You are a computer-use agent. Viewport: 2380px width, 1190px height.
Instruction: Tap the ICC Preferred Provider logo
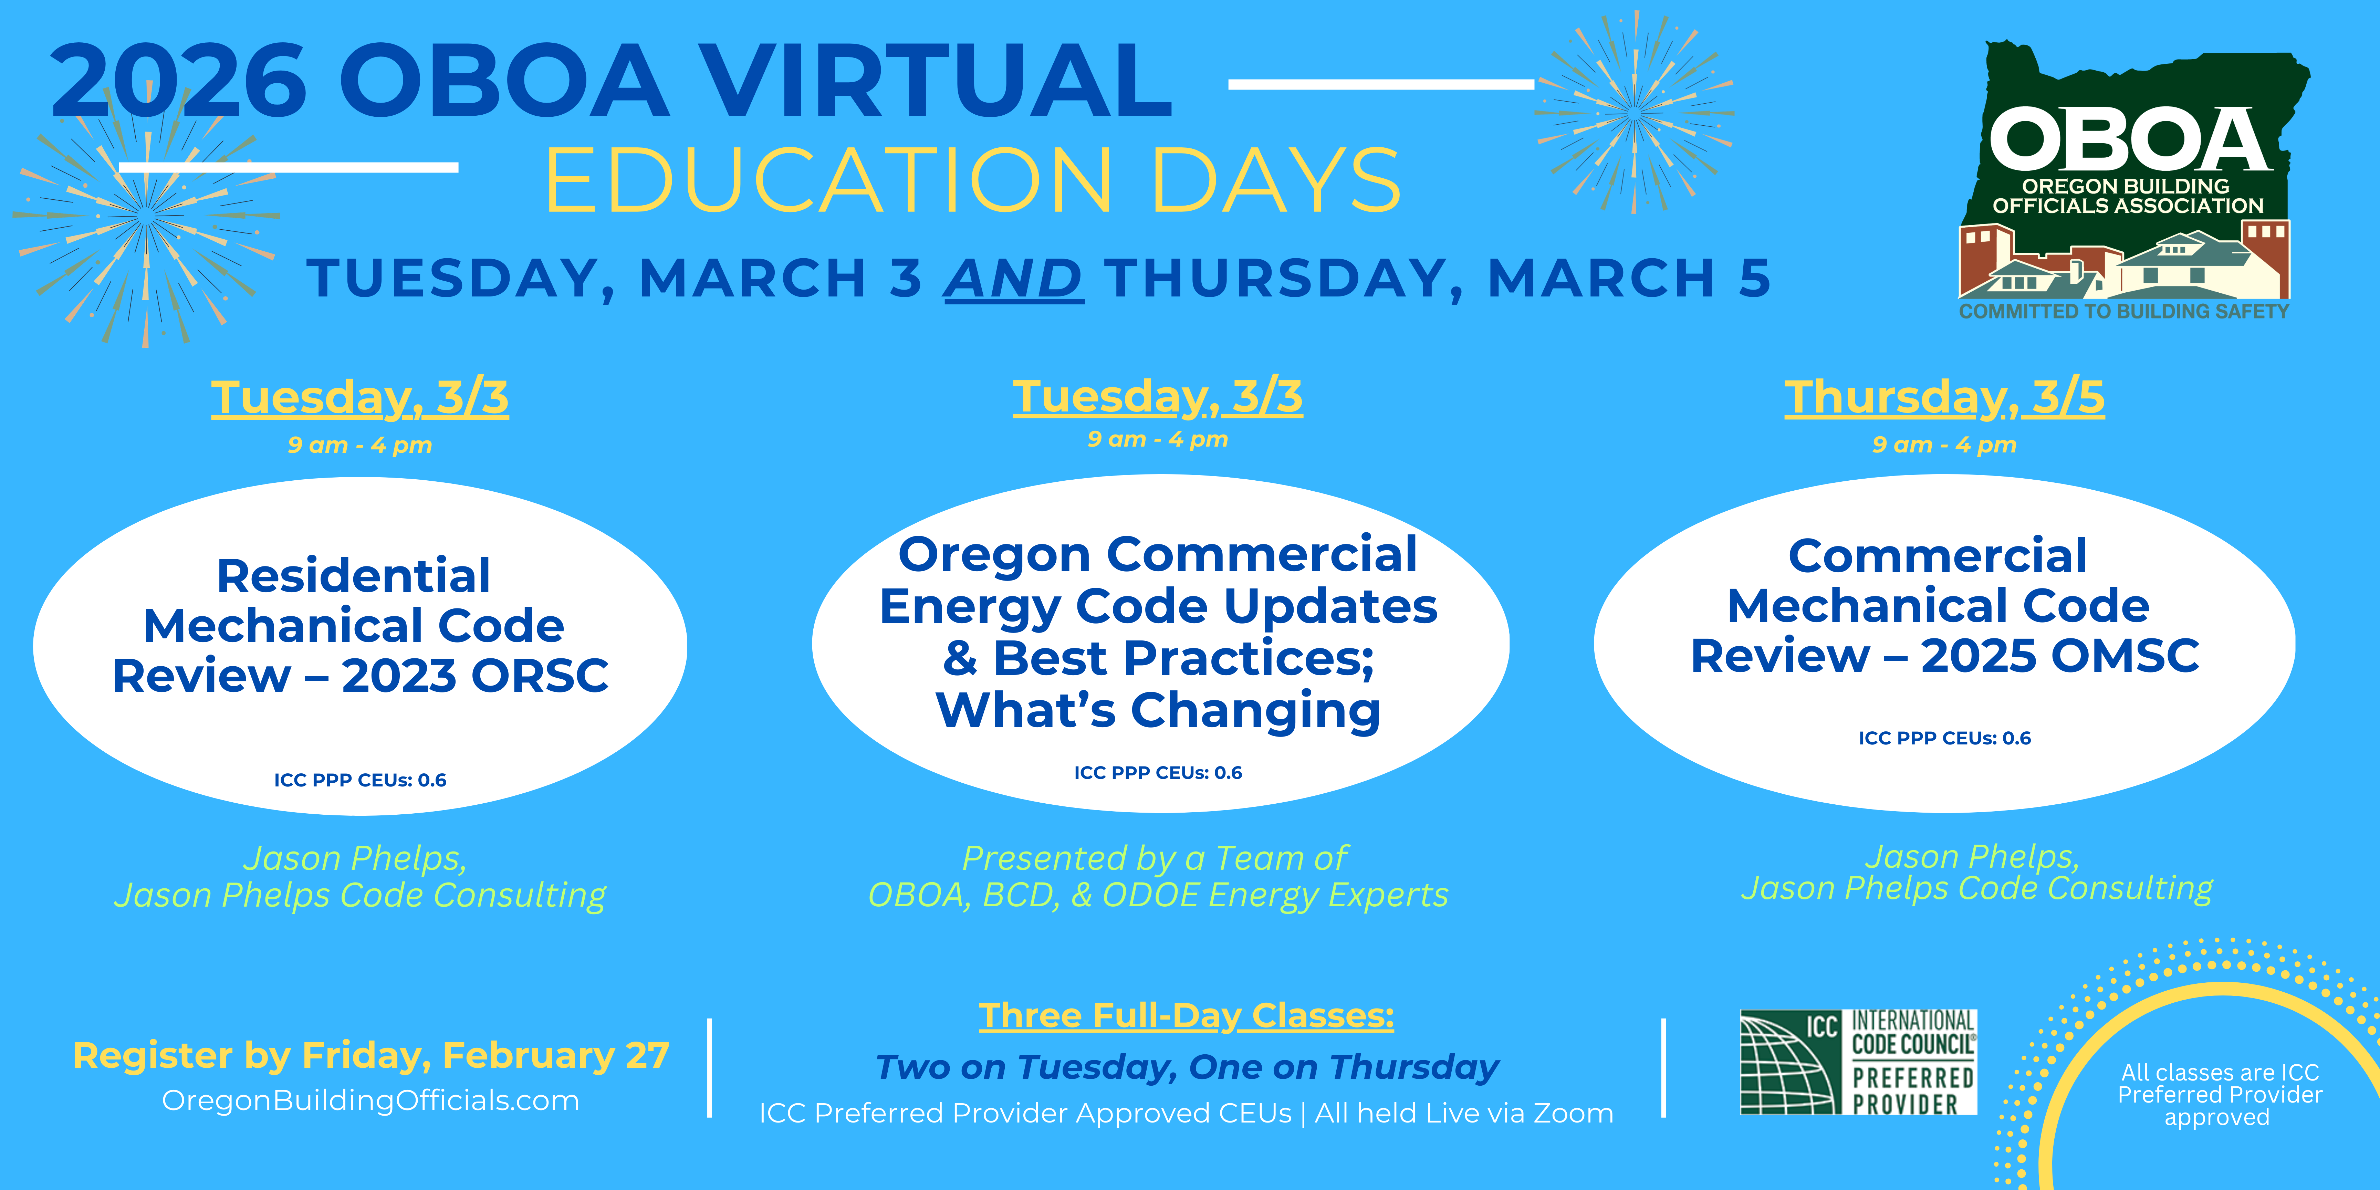point(1858,1063)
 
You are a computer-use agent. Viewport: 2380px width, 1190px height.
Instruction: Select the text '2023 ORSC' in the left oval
point(475,675)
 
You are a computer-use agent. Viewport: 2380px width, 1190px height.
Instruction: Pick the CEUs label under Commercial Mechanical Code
point(1945,738)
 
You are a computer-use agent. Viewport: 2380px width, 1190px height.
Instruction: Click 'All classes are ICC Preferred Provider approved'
point(2219,1095)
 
